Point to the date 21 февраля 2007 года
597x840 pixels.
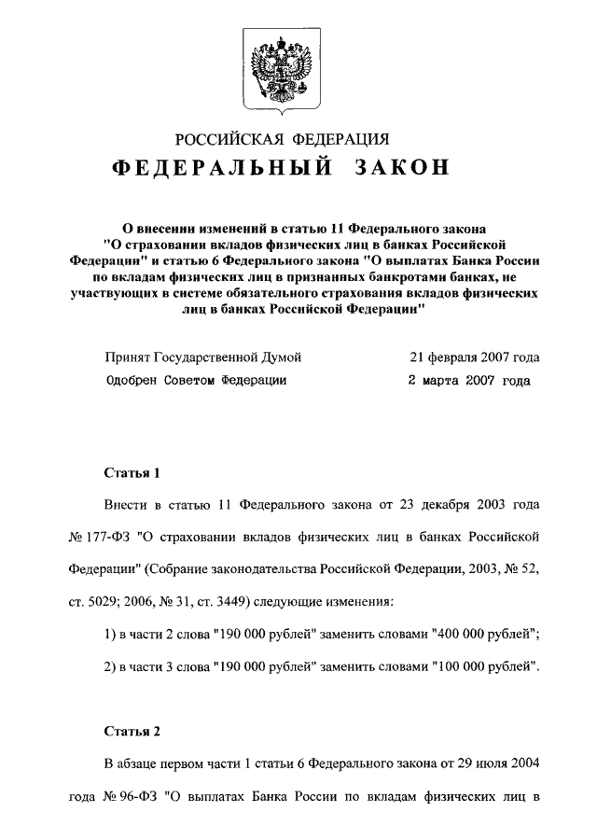click(474, 357)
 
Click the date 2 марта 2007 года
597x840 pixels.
click(469, 381)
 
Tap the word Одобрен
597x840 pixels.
click(132, 381)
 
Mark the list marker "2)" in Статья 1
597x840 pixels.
click(109, 669)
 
